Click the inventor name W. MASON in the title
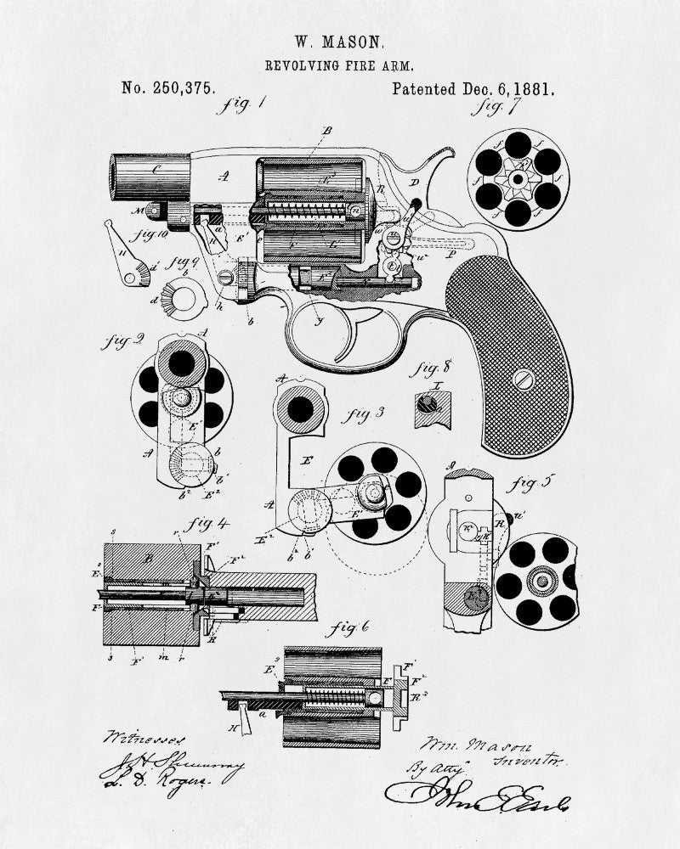[339, 40]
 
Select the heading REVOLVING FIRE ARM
[339, 65]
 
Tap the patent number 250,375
[168, 87]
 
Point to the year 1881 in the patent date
[533, 87]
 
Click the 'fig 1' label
[241, 105]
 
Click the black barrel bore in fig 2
[182, 363]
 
